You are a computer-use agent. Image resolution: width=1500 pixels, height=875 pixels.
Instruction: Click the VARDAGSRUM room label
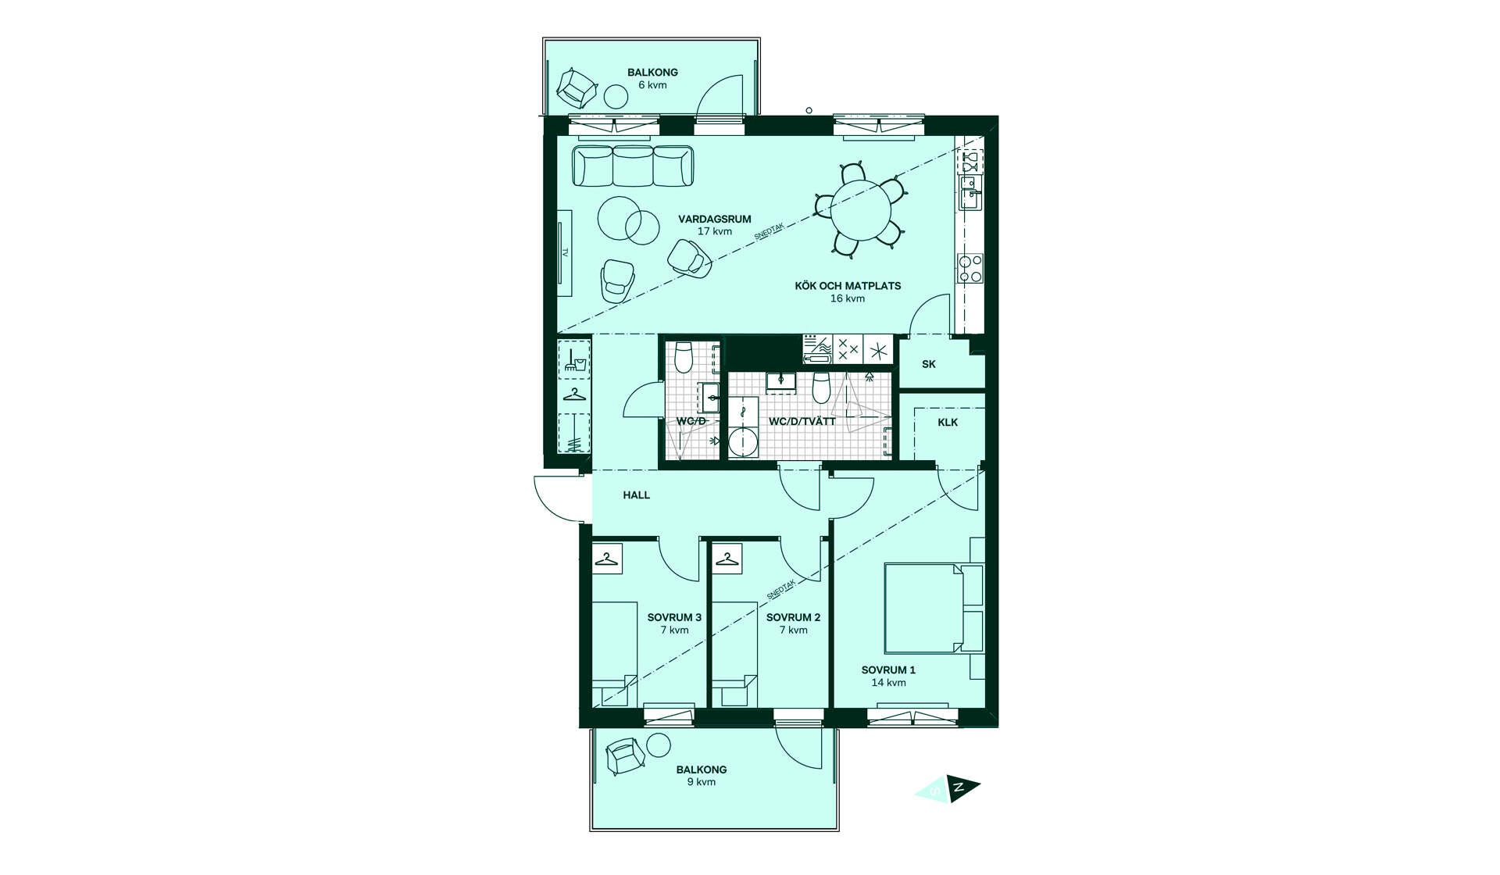click(x=714, y=220)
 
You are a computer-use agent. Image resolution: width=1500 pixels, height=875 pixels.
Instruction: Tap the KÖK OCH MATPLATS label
click(x=848, y=286)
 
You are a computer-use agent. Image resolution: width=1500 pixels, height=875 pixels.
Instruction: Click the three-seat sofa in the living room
click(x=633, y=166)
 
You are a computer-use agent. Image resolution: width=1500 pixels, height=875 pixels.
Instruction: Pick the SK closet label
click(x=928, y=364)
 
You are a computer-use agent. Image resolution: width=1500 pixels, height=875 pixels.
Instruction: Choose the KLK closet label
click(x=948, y=423)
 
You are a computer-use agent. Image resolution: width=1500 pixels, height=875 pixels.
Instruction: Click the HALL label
click(x=636, y=495)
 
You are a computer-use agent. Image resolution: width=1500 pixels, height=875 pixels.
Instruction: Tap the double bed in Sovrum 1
click(x=934, y=608)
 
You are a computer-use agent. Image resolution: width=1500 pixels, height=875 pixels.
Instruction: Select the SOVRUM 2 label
click(x=793, y=617)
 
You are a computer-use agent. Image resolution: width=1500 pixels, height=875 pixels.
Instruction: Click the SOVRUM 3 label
click(x=674, y=617)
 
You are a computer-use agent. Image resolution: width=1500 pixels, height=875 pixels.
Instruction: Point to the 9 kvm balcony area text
click(x=701, y=782)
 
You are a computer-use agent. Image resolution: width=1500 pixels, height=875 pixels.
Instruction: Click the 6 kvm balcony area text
click(x=652, y=85)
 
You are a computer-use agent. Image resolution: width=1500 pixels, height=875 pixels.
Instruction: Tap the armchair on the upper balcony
click(x=577, y=88)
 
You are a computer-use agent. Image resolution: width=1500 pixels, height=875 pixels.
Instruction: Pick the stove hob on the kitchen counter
click(x=970, y=268)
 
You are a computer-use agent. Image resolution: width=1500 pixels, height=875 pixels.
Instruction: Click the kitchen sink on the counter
click(x=970, y=193)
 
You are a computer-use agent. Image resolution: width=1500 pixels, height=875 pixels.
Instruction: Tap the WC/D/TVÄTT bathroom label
click(x=802, y=422)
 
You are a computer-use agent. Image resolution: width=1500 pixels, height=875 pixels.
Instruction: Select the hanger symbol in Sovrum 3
click(x=607, y=559)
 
